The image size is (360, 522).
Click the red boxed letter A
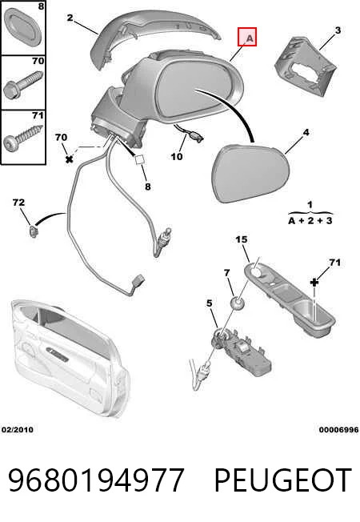[x=247, y=37]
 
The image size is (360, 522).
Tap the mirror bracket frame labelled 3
[x=306, y=66]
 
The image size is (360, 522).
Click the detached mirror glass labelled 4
[x=250, y=172]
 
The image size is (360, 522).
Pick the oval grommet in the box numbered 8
[x=22, y=28]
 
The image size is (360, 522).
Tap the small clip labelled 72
[x=33, y=231]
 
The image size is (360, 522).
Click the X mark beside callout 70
[x=70, y=159]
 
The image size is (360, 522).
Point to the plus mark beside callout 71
[x=314, y=283]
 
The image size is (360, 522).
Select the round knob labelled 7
[x=238, y=303]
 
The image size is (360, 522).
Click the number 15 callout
[x=242, y=239]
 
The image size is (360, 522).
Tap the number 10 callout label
[x=177, y=156]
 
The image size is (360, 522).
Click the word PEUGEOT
[x=282, y=480]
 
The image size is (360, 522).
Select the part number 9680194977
[x=96, y=480]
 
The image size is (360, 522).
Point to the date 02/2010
[x=18, y=430]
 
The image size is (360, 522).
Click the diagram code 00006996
[x=338, y=430]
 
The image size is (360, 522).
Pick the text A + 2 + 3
[x=310, y=220]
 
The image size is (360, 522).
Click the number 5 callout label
[x=209, y=303]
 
